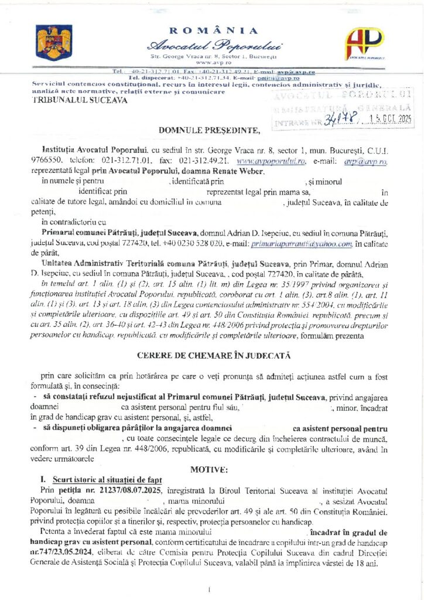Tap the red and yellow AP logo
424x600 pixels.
click(x=364, y=44)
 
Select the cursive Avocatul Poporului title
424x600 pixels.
click(x=215, y=45)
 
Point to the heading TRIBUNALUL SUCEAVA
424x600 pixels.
click(x=71, y=100)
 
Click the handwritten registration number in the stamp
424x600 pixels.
click(x=338, y=122)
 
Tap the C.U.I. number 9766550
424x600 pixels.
click(x=46, y=161)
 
